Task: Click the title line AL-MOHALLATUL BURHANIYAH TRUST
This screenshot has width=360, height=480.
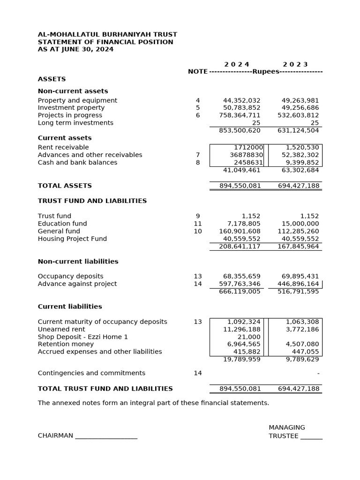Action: point(107,34)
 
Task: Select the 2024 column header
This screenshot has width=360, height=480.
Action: point(237,64)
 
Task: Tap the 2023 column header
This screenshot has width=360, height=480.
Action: point(295,64)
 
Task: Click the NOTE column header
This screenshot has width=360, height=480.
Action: point(197,72)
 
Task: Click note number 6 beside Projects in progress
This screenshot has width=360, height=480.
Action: point(198,115)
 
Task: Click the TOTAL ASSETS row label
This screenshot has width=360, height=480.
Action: point(65,186)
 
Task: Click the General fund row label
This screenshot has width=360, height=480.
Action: point(59,231)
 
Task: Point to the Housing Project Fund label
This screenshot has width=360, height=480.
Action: point(72,239)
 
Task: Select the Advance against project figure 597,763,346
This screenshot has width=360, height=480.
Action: point(240,284)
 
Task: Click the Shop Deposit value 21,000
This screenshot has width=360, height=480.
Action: point(249,337)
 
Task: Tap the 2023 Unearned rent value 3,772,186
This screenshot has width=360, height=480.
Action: point(302,329)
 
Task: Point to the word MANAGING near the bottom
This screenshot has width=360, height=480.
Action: point(286,427)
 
